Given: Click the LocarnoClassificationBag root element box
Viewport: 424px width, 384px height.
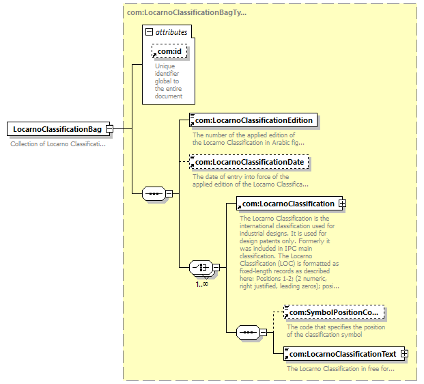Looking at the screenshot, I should point(57,129).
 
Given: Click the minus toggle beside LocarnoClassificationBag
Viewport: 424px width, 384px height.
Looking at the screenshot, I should point(109,129).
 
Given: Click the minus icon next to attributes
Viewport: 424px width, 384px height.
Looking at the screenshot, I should point(150,32).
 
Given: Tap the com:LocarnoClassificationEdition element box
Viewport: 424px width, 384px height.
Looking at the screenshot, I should point(252,121).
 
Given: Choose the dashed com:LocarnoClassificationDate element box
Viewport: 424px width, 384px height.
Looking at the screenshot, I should point(249,162).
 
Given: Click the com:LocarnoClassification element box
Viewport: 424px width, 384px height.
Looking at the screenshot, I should point(287,204).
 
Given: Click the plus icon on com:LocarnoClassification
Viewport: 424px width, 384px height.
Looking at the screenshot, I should point(343,204).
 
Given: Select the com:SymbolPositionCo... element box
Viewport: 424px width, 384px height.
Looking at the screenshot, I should point(334,313).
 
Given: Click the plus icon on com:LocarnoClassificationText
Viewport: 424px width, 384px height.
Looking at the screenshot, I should point(405,354).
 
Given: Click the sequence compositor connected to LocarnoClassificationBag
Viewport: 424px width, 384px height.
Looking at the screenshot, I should point(154,193).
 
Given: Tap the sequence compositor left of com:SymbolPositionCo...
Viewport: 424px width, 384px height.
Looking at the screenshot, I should point(248,333).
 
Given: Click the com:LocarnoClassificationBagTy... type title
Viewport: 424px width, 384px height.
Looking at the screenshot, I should point(187,12).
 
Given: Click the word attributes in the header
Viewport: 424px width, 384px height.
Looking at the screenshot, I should point(171,32).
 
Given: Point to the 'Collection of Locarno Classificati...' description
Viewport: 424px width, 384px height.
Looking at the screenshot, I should point(57,144).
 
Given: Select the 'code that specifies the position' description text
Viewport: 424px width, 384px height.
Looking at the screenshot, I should point(335,331).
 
